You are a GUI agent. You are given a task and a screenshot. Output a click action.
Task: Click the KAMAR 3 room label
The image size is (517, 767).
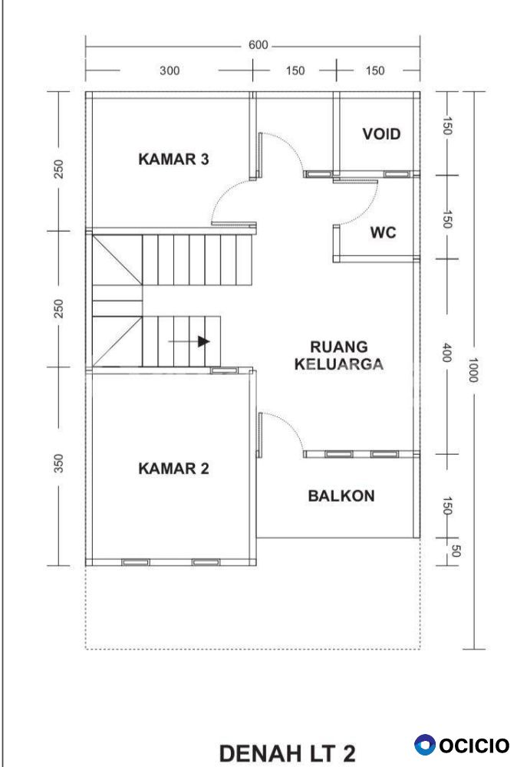click(173, 159)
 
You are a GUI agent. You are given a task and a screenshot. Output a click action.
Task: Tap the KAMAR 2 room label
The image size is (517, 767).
click(173, 469)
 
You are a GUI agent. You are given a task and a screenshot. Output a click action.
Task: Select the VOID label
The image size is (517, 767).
click(381, 134)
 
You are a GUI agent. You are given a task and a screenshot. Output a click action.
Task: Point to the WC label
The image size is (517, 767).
click(383, 232)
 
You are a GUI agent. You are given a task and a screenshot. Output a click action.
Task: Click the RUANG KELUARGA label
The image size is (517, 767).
click(339, 356)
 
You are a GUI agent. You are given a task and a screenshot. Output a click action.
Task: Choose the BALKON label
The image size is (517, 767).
click(341, 496)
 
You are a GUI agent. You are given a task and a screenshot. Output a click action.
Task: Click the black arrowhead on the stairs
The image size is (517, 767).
click(203, 341)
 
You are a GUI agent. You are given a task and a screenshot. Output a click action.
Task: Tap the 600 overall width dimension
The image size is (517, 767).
click(258, 45)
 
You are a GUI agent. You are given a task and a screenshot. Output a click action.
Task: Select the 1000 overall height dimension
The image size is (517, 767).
click(473, 370)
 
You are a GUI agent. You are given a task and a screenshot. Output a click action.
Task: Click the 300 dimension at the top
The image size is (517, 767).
click(170, 71)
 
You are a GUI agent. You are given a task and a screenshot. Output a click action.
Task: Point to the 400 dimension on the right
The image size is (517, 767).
click(446, 353)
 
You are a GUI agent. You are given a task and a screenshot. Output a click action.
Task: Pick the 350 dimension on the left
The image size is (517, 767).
click(58, 464)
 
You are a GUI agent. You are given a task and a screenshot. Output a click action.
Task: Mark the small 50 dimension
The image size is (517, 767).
click(455, 551)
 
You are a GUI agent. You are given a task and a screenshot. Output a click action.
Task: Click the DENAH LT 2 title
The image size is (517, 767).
click(287, 753)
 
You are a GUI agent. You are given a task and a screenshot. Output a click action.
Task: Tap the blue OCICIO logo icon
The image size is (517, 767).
click(424, 746)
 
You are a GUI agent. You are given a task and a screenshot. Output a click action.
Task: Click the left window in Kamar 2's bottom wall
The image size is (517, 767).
click(136, 562)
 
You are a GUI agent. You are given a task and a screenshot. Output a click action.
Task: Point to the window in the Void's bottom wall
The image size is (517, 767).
click(396, 173)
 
